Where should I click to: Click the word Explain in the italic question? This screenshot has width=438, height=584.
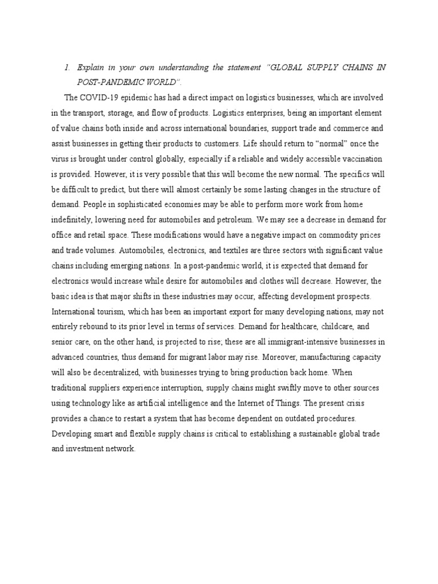(x=91, y=68)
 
